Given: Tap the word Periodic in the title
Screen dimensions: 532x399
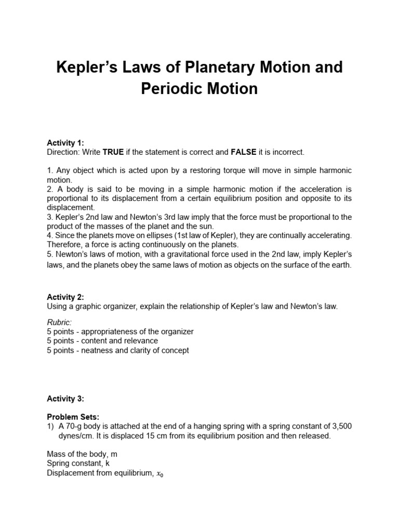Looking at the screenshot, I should (172, 89).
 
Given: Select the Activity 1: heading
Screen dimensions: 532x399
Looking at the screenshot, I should (65, 143).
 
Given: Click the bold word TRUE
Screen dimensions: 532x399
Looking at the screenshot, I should (113, 152).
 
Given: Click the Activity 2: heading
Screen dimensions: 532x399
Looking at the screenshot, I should (65, 297).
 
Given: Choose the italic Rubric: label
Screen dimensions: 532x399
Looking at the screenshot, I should (59, 322).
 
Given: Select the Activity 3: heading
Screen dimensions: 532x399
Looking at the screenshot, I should (65, 398).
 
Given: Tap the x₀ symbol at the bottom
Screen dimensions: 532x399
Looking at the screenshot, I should (161, 474).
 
